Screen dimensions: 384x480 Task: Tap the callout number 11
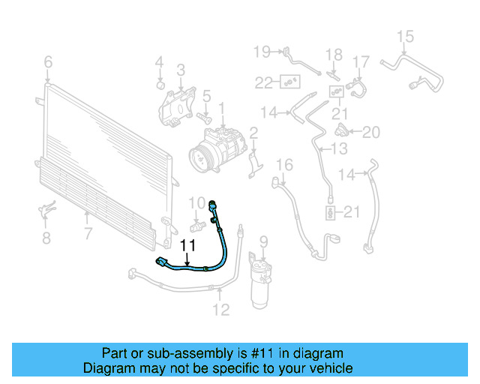(187, 244)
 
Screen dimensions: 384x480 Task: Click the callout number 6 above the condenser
(48, 61)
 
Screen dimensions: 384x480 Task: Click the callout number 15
(405, 36)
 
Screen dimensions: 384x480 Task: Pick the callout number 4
(159, 61)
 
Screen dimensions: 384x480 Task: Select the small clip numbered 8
(45, 211)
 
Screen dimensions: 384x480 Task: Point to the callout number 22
(262, 82)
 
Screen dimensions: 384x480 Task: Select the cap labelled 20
(342, 133)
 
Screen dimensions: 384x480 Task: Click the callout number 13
(339, 149)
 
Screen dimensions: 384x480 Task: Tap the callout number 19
(261, 51)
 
